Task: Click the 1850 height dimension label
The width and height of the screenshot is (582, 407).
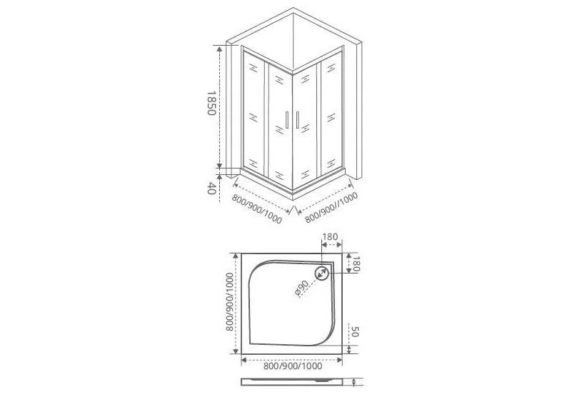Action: tap(211, 103)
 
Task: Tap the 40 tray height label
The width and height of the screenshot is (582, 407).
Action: tap(211, 188)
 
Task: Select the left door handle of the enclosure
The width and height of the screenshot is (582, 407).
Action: tap(286, 120)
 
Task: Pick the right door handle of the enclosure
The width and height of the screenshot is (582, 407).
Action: tap(298, 120)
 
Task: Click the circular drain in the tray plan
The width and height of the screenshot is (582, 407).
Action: tap(321, 273)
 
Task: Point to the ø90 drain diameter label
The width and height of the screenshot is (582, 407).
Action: tap(302, 288)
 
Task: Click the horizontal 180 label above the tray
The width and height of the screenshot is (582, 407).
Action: tap(330, 237)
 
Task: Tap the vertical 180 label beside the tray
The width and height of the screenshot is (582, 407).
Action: tap(356, 263)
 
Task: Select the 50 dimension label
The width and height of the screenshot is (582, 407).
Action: tap(354, 332)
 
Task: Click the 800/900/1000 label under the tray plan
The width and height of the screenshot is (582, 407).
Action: tap(293, 366)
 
